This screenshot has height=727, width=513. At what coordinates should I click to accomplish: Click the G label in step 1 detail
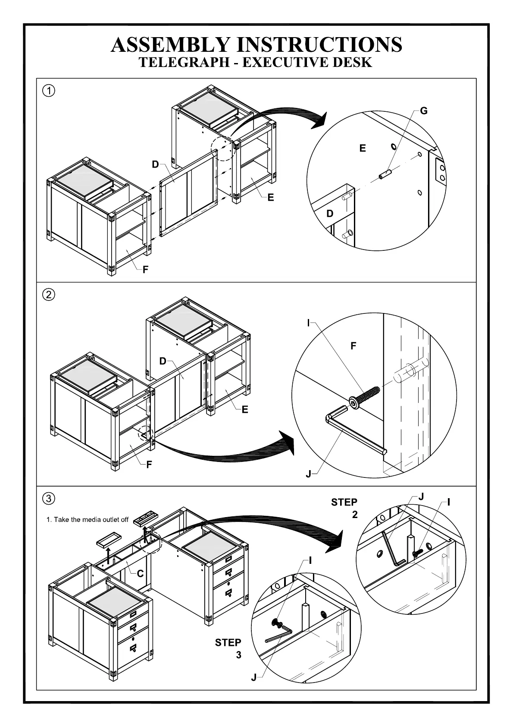pos(424,111)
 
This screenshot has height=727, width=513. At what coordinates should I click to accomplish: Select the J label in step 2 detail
pos(308,474)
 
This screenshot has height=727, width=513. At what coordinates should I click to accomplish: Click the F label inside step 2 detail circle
pos(353,346)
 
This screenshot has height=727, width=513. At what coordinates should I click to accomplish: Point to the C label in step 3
pos(140,574)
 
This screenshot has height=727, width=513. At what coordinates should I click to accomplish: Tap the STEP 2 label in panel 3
pos(344,508)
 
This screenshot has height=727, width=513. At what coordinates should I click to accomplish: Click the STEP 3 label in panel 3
pos(228,648)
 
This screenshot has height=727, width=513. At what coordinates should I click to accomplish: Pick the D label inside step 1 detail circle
pos(330,214)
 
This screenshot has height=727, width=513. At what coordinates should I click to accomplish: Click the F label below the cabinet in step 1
pos(146,269)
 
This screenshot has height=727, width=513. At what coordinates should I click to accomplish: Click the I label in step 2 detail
pos(308,323)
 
